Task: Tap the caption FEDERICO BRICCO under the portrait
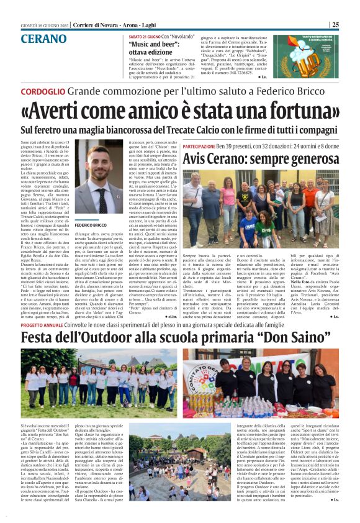point(91,224)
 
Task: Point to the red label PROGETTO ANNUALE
point(41,325)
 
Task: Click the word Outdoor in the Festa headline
point(126,339)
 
